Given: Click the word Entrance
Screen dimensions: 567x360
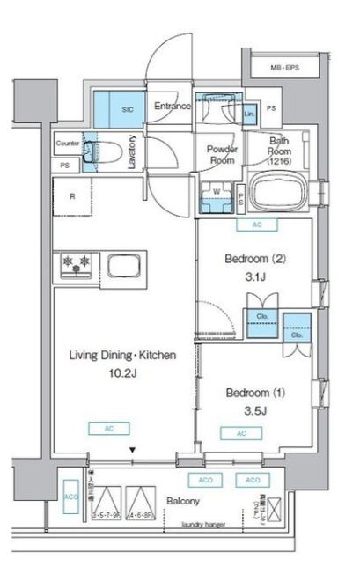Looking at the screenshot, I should point(173,107).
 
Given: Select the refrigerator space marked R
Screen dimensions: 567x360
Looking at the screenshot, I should point(72,198).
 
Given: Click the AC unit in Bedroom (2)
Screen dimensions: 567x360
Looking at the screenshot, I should point(256,225).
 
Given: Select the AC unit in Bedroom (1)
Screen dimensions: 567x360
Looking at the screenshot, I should point(241,433).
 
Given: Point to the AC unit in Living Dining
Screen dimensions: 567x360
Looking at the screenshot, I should point(99,429).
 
